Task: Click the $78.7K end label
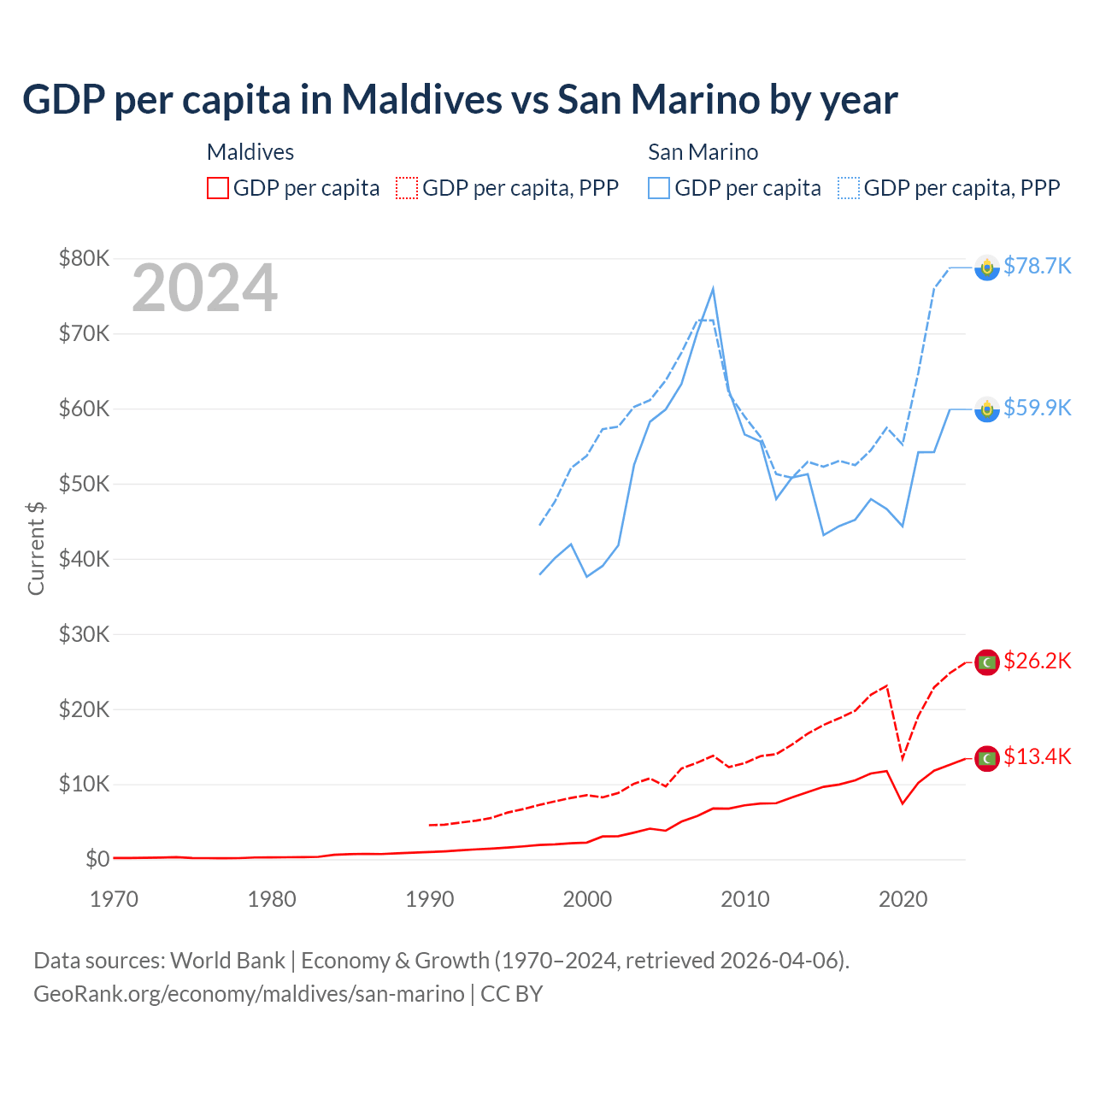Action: (x=1037, y=266)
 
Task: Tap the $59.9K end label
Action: (x=1037, y=408)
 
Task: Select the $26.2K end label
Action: (x=1037, y=661)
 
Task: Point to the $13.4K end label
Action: (x=1037, y=756)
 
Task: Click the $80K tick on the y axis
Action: (x=84, y=258)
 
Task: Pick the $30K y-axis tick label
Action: (x=84, y=634)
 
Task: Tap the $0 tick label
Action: (x=97, y=859)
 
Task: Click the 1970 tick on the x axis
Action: (x=114, y=899)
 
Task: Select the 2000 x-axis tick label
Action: (x=587, y=899)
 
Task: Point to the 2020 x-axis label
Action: (x=903, y=899)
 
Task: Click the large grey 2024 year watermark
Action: (x=204, y=288)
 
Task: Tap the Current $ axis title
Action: (x=36, y=548)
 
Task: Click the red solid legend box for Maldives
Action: (x=218, y=188)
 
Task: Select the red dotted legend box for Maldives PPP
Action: (x=407, y=188)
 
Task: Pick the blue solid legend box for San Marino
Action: (x=659, y=188)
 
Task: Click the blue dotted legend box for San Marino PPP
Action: (x=849, y=188)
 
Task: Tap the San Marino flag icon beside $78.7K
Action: (x=987, y=268)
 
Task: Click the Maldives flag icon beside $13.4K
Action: (x=987, y=757)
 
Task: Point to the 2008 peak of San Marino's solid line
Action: (x=713, y=289)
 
